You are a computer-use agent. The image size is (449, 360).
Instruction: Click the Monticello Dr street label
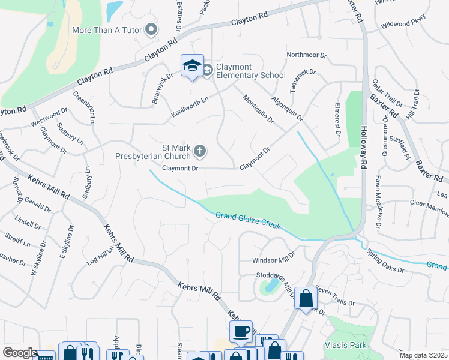tap(258, 109)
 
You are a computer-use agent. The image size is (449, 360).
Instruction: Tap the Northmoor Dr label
tap(306, 55)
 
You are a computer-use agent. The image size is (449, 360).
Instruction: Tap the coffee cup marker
tap(241, 331)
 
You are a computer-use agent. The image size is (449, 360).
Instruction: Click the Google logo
tap(20, 353)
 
